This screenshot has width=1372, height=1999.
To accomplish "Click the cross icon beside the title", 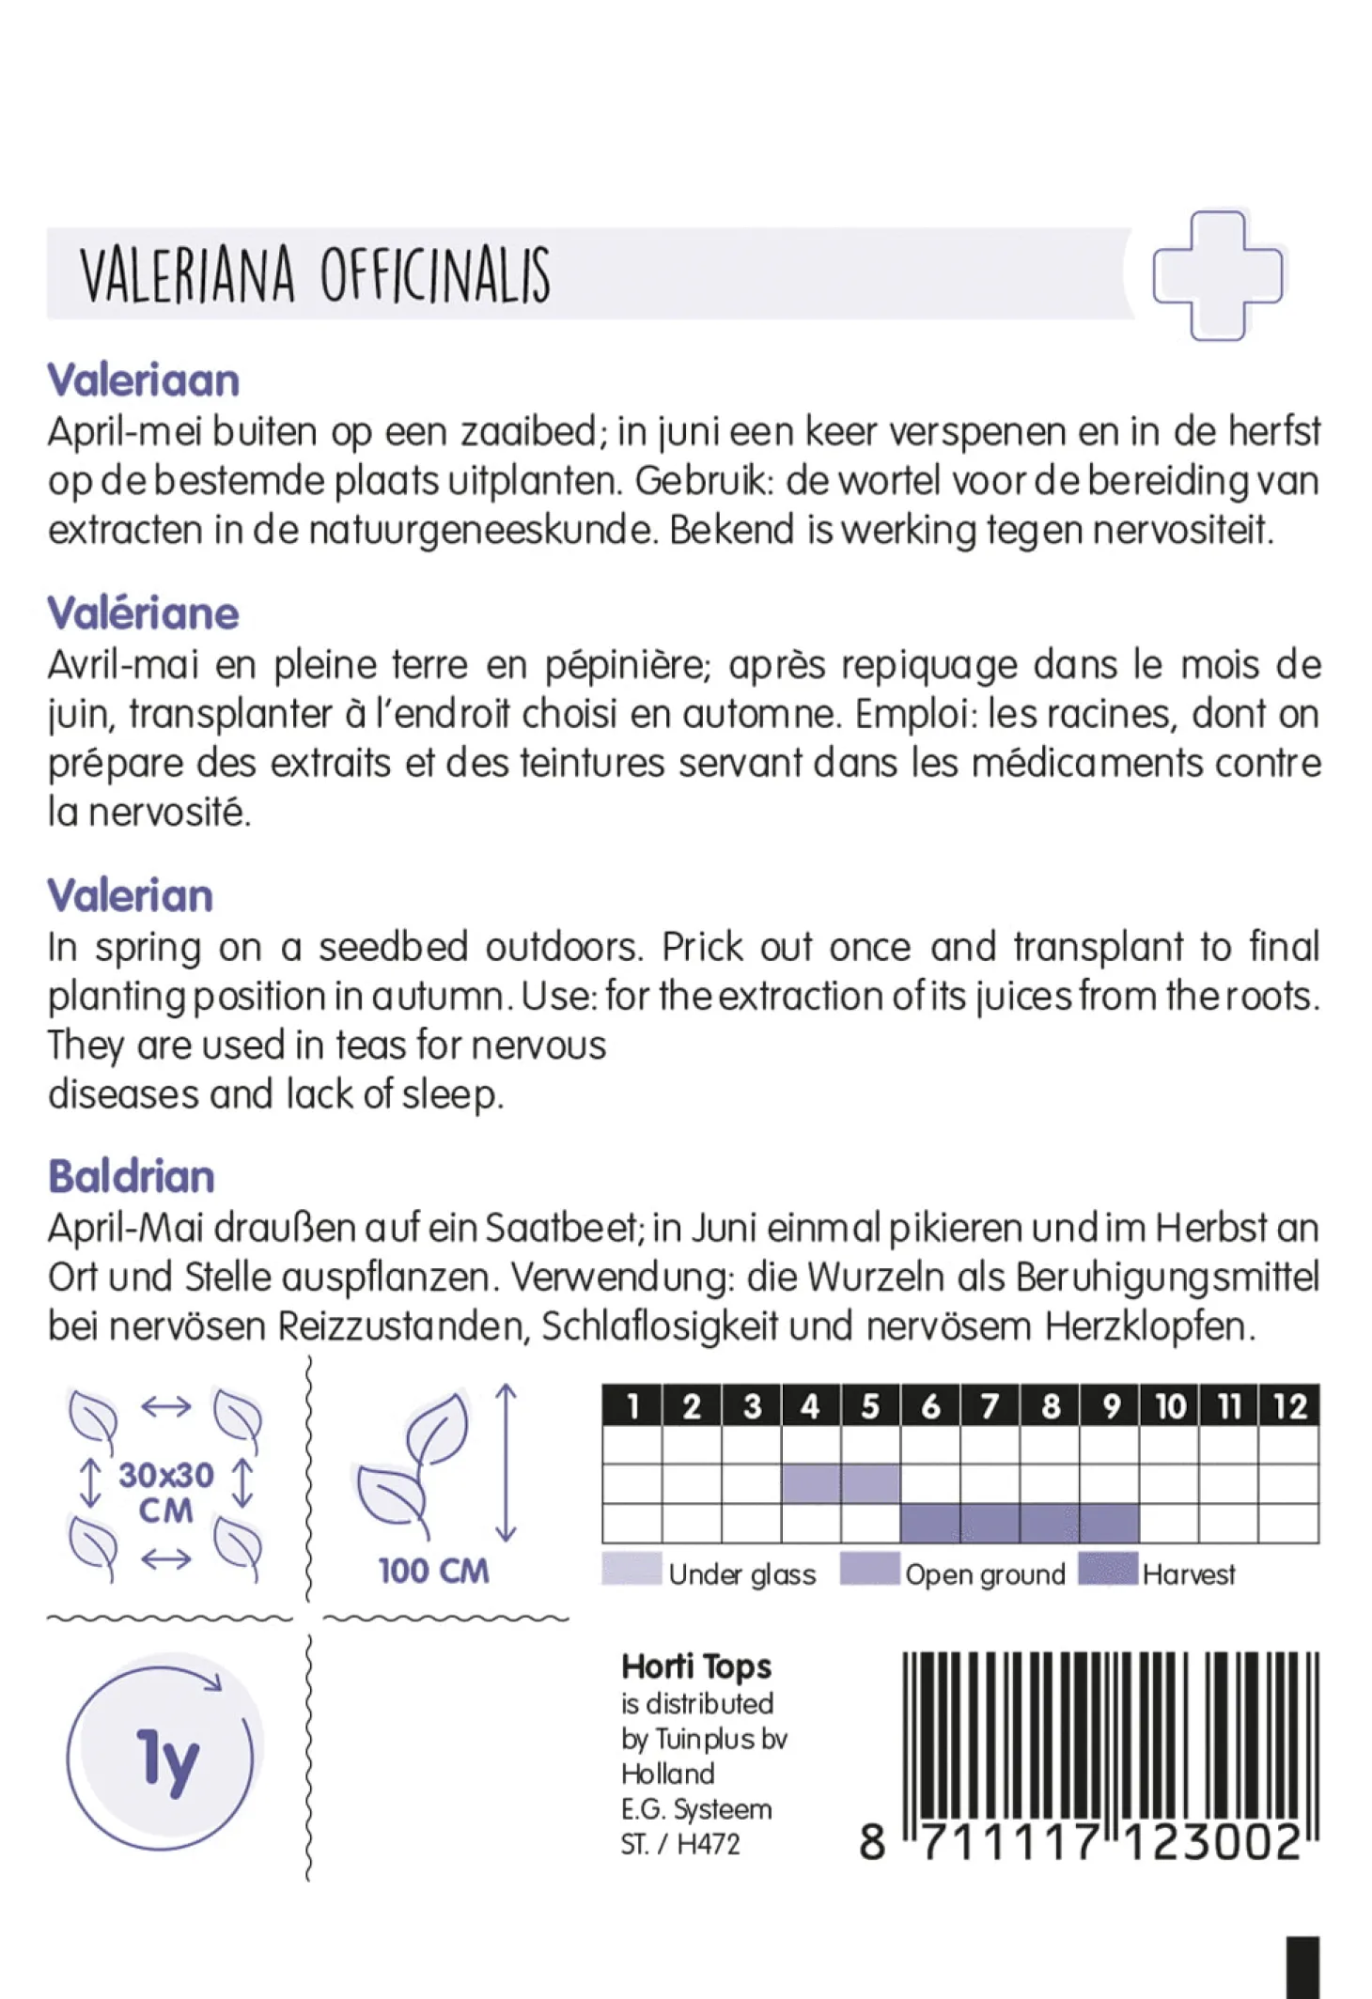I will [1217, 275].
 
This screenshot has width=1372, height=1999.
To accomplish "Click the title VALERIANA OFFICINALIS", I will [315, 275].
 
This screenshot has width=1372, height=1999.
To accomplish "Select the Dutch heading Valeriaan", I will [144, 380].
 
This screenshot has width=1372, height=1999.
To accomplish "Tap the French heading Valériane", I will [144, 613].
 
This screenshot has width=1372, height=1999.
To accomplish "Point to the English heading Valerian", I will [131, 895].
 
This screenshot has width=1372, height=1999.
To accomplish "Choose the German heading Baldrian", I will [132, 1176].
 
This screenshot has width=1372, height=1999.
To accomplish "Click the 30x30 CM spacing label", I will [165, 1493].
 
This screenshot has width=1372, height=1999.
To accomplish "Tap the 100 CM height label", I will [433, 1571].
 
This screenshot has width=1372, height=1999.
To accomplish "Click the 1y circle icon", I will [162, 1759].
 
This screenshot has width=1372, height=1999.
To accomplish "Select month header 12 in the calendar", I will [1289, 1406].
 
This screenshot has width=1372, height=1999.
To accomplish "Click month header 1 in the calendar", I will [632, 1406].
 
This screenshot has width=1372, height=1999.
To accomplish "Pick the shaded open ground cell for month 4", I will [811, 1484].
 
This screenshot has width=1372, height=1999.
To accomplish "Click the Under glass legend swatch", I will [631, 1570].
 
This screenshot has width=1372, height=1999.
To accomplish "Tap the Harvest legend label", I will [1189, 1574].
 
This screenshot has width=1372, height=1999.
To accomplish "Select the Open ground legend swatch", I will [869, 1570].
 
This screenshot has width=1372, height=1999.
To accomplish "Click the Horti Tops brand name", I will [696, 1666].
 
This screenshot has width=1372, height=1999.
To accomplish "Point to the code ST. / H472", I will [680, 1844].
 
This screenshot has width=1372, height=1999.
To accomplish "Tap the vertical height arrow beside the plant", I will [506, 1463].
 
